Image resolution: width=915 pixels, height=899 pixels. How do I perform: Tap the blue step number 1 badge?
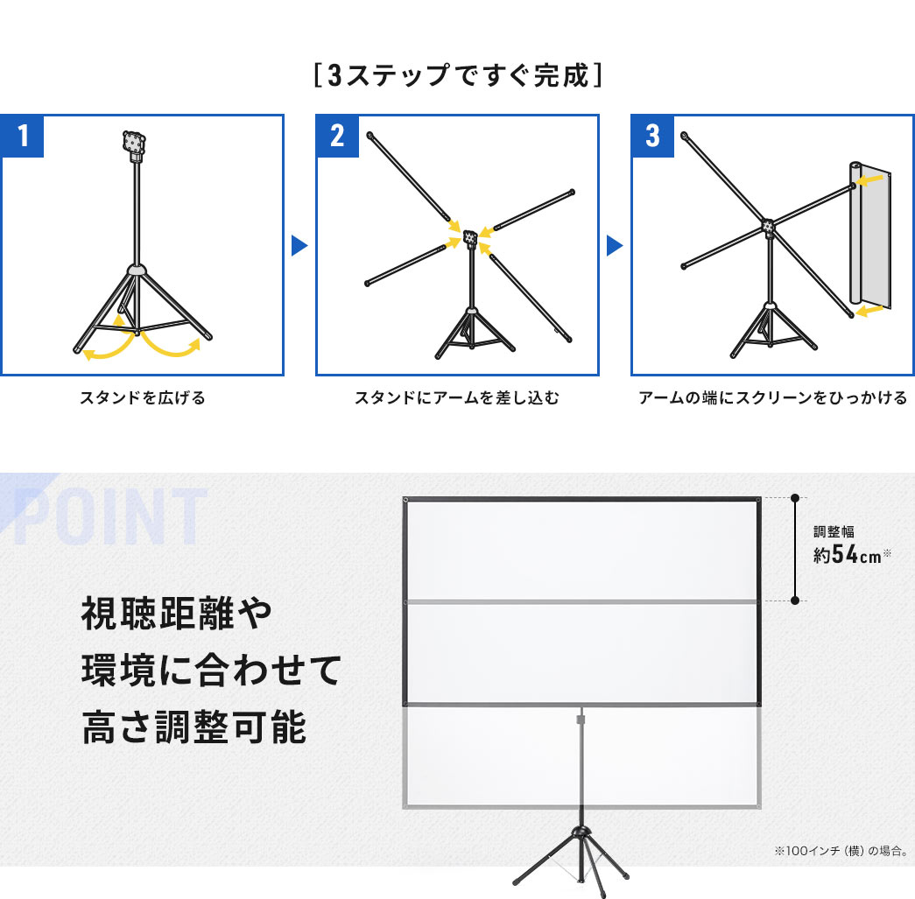[x=22, y=137]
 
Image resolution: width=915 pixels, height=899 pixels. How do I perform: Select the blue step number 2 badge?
[x=337, y=137]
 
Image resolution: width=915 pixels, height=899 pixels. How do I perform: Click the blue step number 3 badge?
[x=652, y=137]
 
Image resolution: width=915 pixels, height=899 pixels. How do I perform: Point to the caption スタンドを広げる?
[x=142, y=398]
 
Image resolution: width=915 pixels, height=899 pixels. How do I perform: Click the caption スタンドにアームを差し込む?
[x=456, y=398]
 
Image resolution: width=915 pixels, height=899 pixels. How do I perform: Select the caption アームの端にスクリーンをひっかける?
[x=772, y=398]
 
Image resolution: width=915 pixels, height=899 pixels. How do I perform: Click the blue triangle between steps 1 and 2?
[x=299, y=245]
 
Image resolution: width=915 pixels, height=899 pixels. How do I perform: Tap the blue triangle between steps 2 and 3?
[x=615, y=245]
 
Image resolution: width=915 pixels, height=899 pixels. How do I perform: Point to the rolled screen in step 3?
[x=870, y=236]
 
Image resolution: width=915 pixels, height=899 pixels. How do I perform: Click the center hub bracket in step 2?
[x=470, y=235]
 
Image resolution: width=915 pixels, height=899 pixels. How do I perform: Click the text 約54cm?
[x=845, y=555]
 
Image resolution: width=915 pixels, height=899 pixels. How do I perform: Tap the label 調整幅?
[x=833, y=531]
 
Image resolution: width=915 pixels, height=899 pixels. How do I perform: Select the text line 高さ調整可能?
[x=194, y=727]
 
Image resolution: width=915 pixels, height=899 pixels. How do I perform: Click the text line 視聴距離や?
[x=178, y=615]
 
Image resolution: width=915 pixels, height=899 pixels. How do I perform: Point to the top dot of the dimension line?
[x=795, y=498]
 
